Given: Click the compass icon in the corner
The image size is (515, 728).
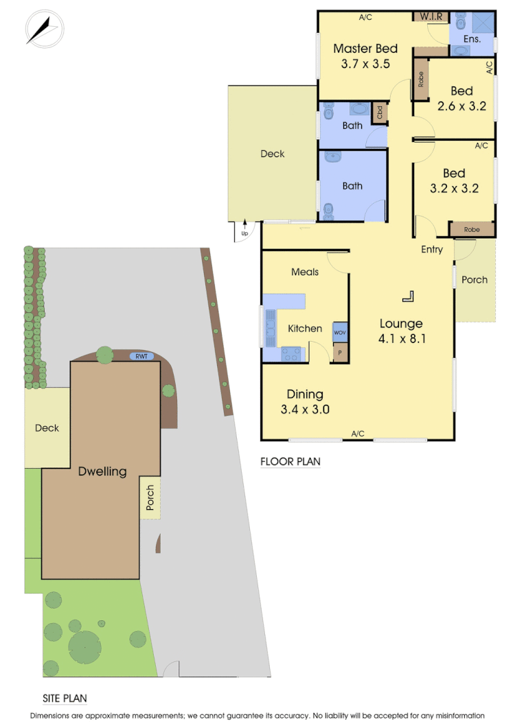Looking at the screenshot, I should click(44, 30).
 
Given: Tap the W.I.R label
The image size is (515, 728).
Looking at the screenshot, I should click(431, 16).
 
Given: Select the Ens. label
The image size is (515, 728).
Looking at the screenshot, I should click(472, 39).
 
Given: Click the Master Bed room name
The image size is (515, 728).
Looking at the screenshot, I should click(365, 49).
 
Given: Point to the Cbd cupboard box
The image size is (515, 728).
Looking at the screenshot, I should click(379, 113).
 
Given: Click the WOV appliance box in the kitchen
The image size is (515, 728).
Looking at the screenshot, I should click(340, 333).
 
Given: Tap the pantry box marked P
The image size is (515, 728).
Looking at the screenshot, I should click(340, 353).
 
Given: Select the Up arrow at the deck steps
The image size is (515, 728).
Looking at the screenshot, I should click(244, 231).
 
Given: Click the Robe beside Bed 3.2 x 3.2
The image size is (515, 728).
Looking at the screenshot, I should click(471, 229).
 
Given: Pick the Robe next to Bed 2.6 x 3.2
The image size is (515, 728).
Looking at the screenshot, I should click(420, 78).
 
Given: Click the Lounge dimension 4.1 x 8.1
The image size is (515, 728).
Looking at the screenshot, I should click(402, 338).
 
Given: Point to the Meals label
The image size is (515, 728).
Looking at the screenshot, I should click(305, 272).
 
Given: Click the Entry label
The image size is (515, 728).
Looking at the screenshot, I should click(432, 250).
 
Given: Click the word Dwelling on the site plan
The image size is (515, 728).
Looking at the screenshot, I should click(102, 471).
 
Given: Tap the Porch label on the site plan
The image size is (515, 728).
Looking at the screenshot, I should click(150, 498).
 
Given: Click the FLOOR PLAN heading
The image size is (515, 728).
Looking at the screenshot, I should click(290, 462).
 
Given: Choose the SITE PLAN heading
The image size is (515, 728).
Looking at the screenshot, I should click(65, 698).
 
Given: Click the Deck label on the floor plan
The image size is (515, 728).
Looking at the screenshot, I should click(273, 154).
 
